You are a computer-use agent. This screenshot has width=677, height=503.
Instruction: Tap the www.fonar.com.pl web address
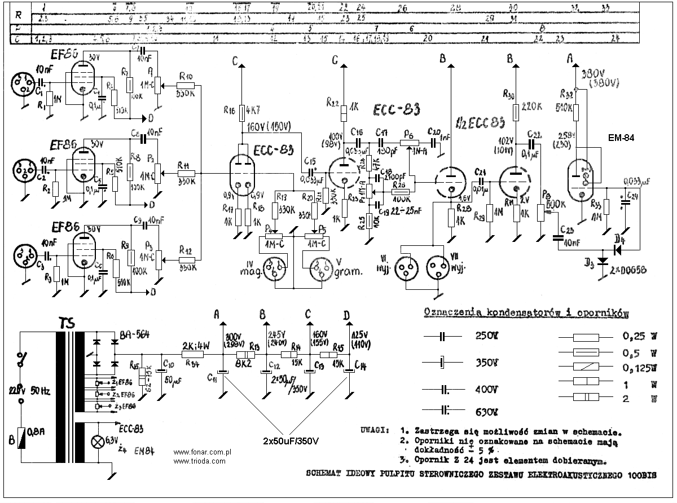204,452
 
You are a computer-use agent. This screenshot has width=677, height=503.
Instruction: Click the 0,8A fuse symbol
21,437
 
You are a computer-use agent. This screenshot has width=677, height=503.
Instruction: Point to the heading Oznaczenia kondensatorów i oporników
526,311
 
